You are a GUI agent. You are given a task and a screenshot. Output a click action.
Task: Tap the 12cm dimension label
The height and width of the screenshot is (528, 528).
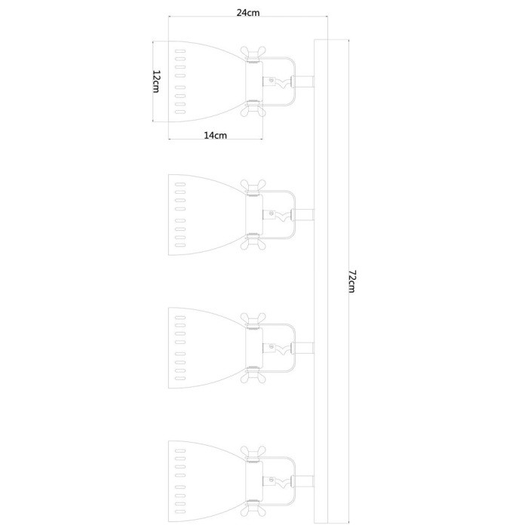coord(156,81)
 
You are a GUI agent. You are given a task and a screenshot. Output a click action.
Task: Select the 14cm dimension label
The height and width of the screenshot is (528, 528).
coord(215,136)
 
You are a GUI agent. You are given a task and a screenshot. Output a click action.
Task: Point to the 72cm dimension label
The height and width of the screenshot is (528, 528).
coord(351,282)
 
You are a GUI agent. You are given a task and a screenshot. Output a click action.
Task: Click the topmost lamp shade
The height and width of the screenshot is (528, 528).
coord(207,80)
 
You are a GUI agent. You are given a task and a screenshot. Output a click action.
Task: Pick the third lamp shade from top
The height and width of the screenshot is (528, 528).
coord(207,348)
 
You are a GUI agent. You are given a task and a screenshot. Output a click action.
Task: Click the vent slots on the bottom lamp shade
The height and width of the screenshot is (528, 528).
coord(180,478)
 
